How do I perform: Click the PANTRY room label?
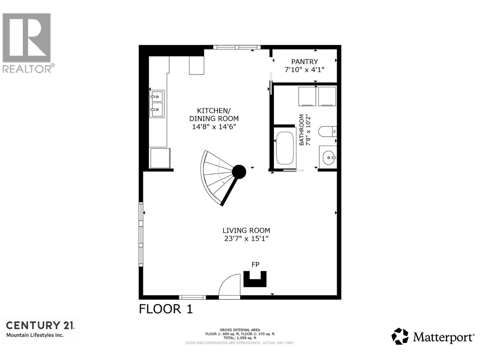304,61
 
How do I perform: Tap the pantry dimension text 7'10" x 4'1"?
304,70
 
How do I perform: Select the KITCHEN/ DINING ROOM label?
214,114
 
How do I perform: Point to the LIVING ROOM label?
246,230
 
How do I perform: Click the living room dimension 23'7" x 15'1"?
246,239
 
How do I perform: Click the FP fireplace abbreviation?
255,264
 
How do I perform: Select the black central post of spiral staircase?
239,172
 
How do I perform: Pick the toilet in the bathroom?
327,131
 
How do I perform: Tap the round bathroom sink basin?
328,157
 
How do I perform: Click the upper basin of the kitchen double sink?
157,97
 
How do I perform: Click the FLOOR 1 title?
166,309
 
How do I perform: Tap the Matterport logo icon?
400,336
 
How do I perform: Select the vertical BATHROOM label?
301,130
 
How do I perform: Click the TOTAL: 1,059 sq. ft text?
240,338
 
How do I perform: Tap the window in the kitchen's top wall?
237,47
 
